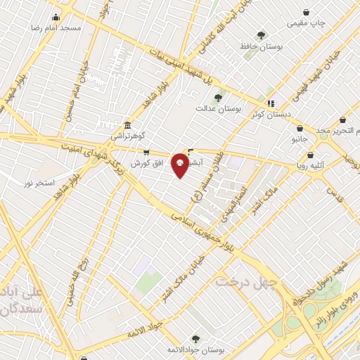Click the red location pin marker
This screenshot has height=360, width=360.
180,165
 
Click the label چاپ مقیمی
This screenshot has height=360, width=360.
306,23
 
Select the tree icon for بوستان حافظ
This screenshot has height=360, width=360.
261,35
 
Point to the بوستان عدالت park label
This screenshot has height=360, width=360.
219,109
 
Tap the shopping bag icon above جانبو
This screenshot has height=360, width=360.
300,129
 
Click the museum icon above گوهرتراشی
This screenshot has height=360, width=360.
127,124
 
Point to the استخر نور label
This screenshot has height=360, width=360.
39,183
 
